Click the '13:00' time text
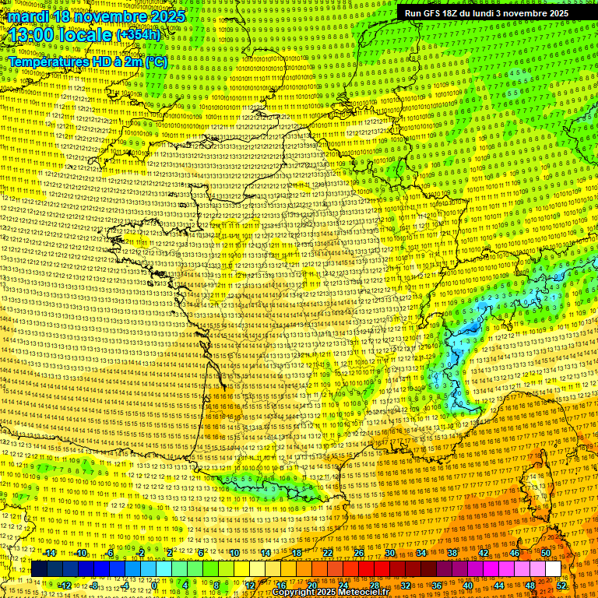(36, 35)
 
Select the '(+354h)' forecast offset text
(139, 35)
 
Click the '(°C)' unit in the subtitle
(157, 62)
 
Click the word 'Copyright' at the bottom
(294, 592)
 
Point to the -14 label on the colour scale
(49, 553)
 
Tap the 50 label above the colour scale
(546, 553)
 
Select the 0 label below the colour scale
(155, 585)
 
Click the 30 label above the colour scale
(390, 553)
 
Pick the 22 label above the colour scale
(328, 553)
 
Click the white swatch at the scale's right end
(553, 569)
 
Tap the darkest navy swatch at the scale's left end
(39, 569)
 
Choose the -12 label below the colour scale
(65, 585)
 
